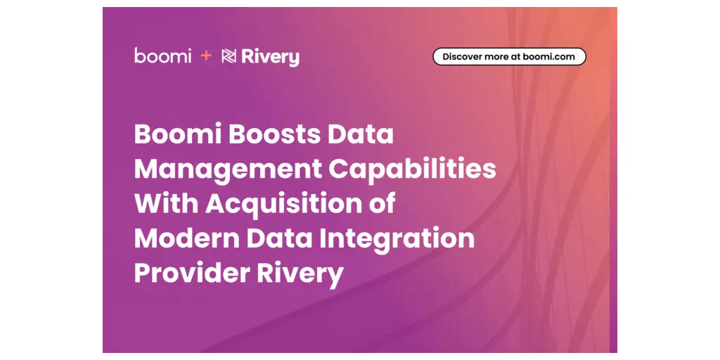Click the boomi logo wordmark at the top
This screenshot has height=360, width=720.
pyautogui.click(x=163, y=55)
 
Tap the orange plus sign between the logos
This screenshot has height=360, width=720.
pyautogui.click(x=207, y=56)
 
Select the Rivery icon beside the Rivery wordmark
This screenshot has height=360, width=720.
pyautogui.click(x=229, y=56)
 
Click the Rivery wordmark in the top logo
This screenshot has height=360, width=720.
pyautogui.click(x=271, y=57)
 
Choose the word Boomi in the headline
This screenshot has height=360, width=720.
pyautogui.click(x=178, y=134)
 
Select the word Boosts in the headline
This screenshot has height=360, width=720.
pyautogui.click(x=274, y=134)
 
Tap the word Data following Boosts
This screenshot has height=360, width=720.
pyautogui.click(x=361, y=134)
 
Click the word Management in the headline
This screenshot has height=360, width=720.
pyautogui.click(x=228, y=171)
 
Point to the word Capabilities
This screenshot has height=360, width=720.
pyautogui.click(x=412, y=171)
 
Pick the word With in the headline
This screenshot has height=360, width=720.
pyautogui.click(x=166, y=203)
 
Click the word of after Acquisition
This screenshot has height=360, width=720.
pyautogui.click(x=381, y=203)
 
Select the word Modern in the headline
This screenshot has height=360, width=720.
pyautogui.click(x=187, y=238)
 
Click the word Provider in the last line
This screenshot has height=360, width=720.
pyautogui.click(x=192, y=274)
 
